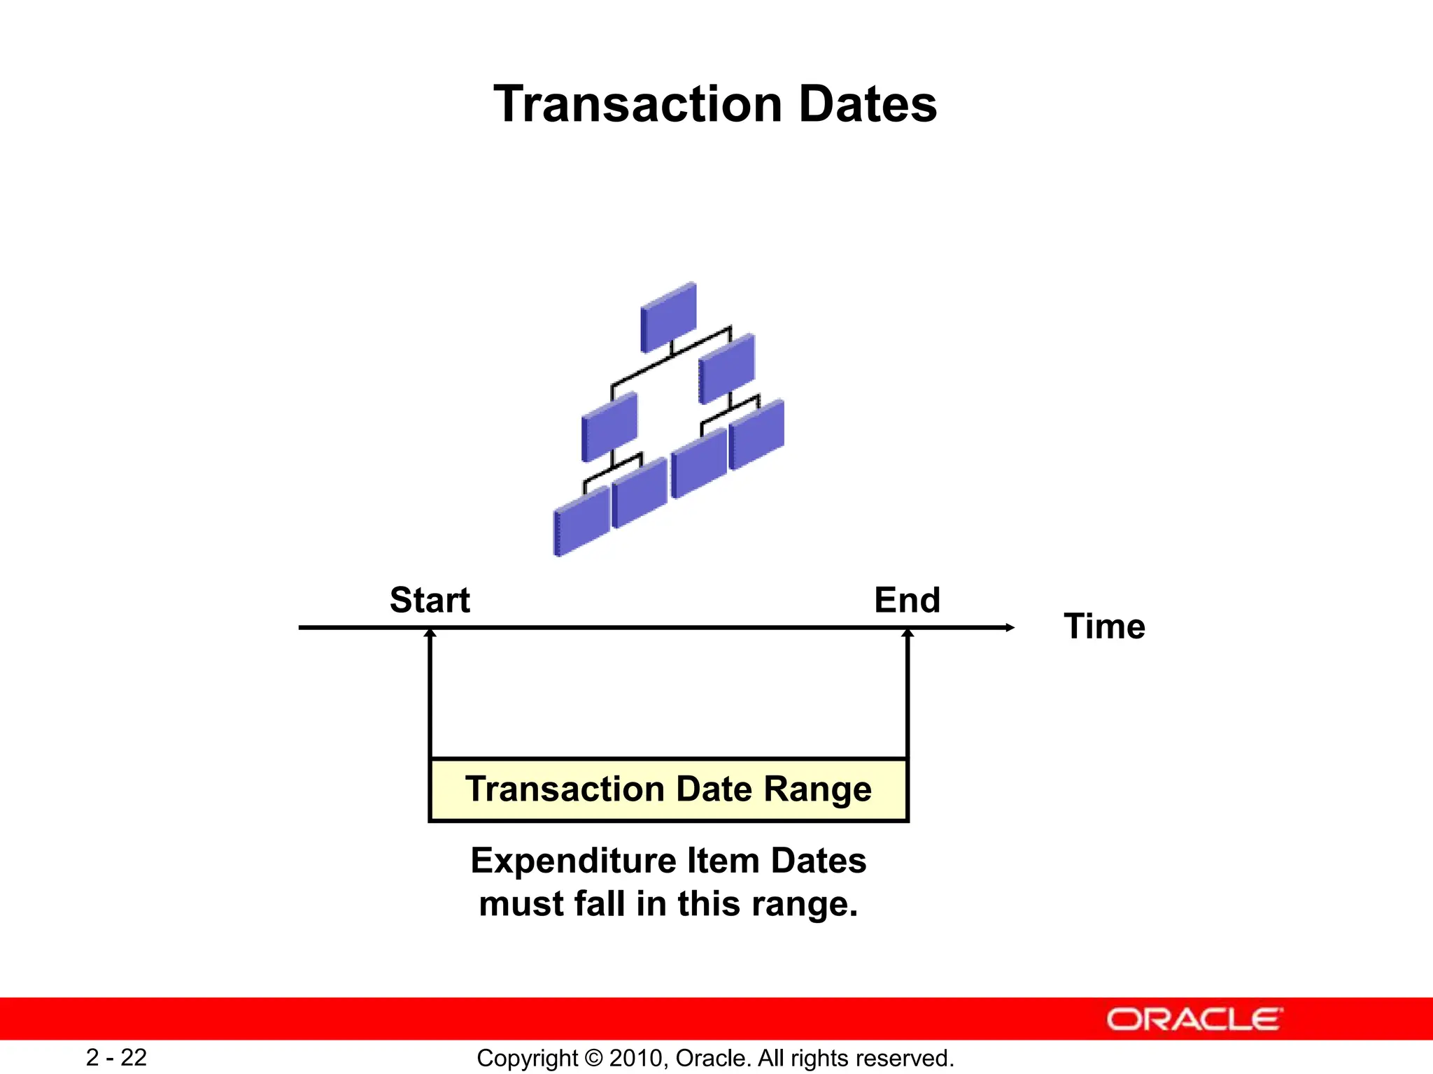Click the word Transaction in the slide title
click(x=637, y=105)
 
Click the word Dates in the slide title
click(x=868, y=105)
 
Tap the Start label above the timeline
click(x=430, y=600)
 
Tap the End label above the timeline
click(x=907, y=600)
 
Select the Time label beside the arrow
click(x=1104, y=626)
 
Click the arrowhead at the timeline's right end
click(x=1010, y=627)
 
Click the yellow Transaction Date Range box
click(x=668, y=789)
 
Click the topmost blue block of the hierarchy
click(x=669, y=317)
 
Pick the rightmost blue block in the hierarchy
click(x=756, y=434)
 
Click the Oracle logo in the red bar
click(x=1194, y=1019)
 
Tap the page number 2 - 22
click(x=116, y=1057)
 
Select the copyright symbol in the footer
click(x=593, y=1058)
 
